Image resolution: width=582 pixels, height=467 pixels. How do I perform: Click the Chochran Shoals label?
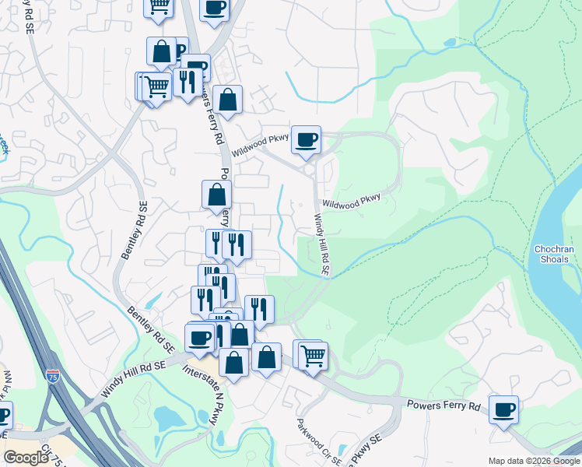point(554,255)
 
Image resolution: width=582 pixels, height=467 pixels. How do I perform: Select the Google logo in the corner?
point(26,458)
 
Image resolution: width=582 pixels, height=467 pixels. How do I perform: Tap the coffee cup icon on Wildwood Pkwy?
point(307,140)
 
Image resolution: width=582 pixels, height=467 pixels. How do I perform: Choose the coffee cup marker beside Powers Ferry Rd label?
point(503,409)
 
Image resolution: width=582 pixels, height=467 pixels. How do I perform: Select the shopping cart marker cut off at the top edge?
point(159,6)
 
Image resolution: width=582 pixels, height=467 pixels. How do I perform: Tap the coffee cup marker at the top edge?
point(215,7)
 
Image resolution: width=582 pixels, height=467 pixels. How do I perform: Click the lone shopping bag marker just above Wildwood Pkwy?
point(227,100)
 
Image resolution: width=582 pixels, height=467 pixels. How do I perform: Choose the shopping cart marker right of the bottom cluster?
point(313,356)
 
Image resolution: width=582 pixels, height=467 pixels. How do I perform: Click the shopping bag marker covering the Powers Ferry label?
point(217,195)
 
